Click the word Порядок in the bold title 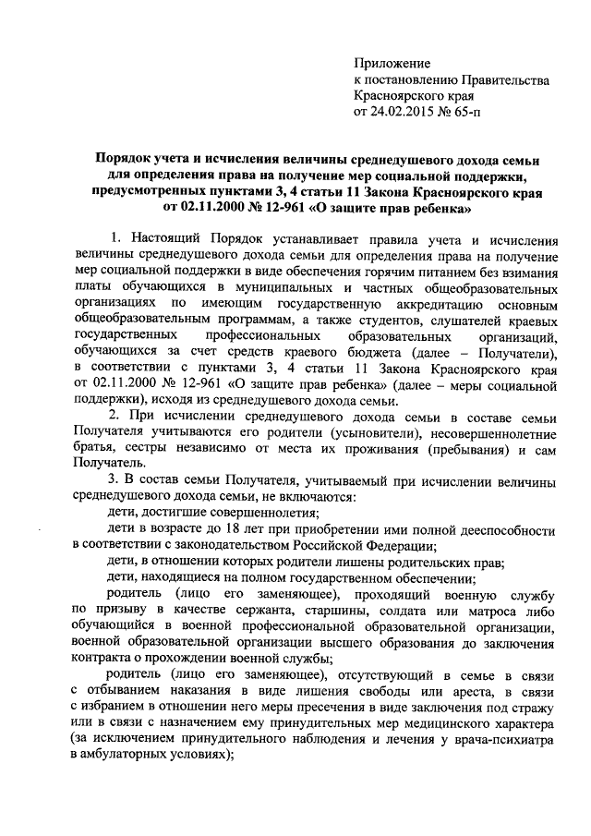(x=126, y=161)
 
